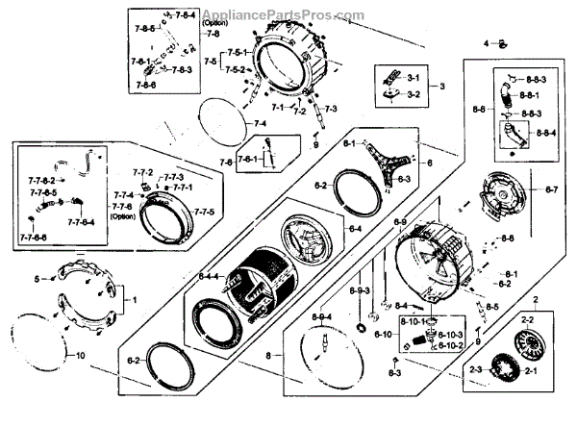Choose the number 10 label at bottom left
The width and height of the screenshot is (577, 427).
coord(80,357)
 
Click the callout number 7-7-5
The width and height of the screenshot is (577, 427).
coord(204,211)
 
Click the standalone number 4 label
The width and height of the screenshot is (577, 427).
coord(487,43)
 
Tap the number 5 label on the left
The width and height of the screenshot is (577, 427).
coord(39,279)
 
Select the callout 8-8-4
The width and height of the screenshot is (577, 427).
coord(545,134)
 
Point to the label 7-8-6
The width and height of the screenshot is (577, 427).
coord(145,86)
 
